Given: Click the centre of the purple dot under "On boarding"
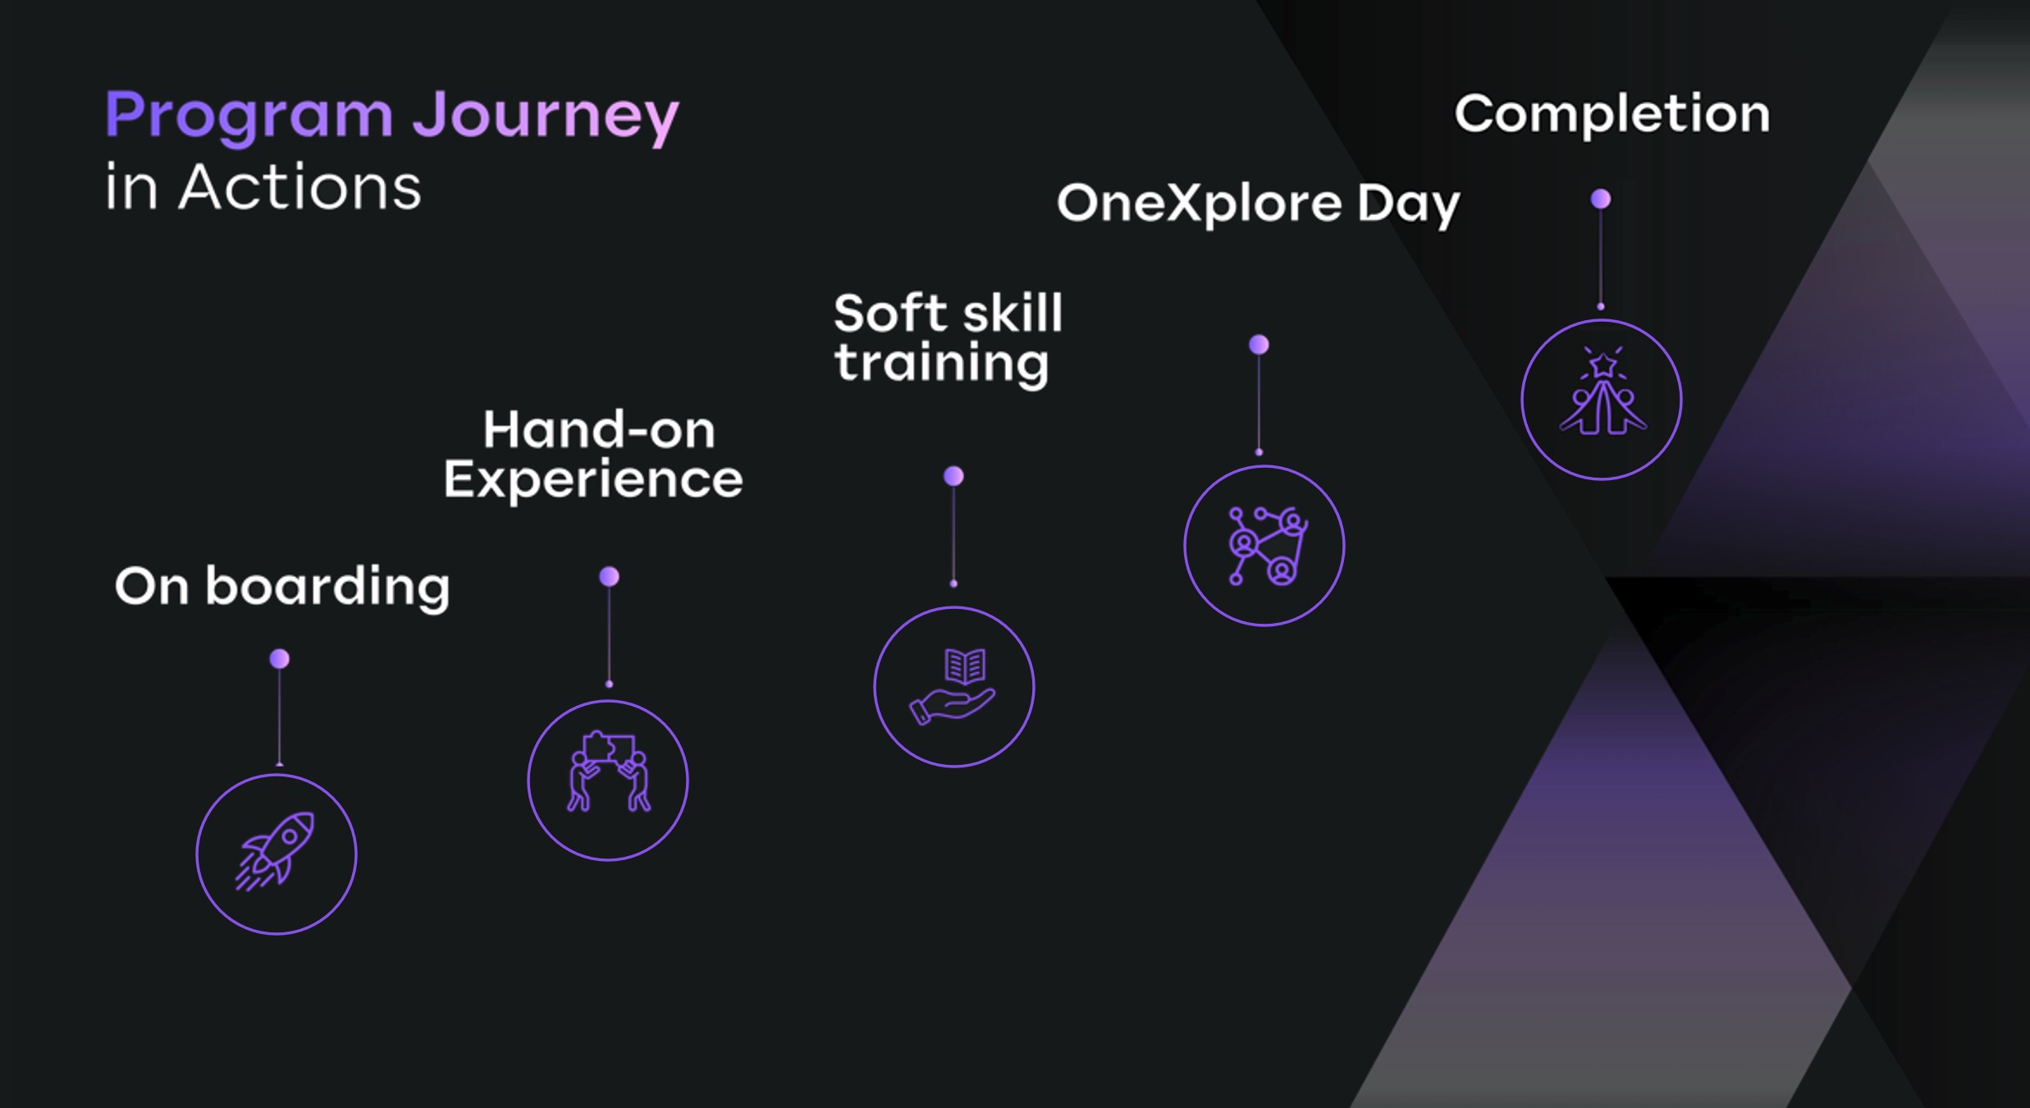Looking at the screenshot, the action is tap(280, 659).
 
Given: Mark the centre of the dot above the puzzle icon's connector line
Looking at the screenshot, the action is tap(609, 577).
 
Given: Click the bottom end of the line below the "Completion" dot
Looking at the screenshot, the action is tap(1601, 308).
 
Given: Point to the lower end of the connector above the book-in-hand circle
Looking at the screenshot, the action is tap(953, 584).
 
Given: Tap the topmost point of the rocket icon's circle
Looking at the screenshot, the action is tap(277, 775).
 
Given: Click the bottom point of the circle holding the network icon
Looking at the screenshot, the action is tap(1264, 625).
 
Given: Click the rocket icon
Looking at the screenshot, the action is tap(276, 851).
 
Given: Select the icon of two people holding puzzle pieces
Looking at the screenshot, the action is tap(609, 771).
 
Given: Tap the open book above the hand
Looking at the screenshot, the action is tap(965, 666).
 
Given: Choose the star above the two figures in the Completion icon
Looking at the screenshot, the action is tap(1603, 364).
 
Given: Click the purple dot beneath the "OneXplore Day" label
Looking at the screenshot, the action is tap(1260, 345).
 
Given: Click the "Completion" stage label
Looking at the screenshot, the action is tap(1612, 114).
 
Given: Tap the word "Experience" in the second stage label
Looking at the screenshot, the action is tap(593, 480).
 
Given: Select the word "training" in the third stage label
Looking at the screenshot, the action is tap(942, 364).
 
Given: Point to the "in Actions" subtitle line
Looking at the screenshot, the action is tap(263, 187).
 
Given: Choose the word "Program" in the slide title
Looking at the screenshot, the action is tap(249, 117).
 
